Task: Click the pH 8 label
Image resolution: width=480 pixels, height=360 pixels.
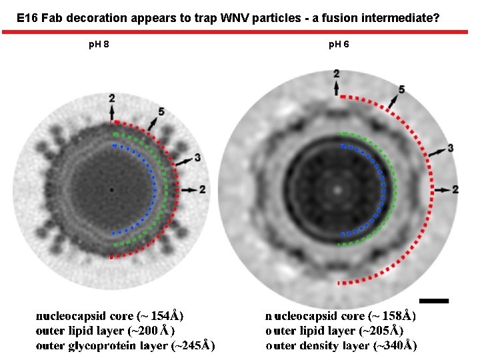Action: pos(99,45)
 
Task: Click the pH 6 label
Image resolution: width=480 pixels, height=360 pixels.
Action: pos(339,45)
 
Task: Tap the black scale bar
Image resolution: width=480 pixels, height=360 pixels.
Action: pos(434,301)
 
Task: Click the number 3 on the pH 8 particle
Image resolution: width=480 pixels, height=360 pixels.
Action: pos(197,157)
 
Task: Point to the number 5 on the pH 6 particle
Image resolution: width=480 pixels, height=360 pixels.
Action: pos(401,89)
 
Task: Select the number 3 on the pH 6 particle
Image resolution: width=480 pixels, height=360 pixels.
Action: pos(451,147)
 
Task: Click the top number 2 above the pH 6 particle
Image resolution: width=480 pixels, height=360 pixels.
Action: pos(337,73)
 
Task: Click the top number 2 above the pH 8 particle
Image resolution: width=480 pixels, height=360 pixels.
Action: pos(112,99)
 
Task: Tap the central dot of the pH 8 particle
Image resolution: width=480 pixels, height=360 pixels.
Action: pos(111,190)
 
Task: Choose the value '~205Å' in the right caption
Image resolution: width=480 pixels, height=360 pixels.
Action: pos(382,331)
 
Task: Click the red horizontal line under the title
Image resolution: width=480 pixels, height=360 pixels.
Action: pos(240,31)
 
